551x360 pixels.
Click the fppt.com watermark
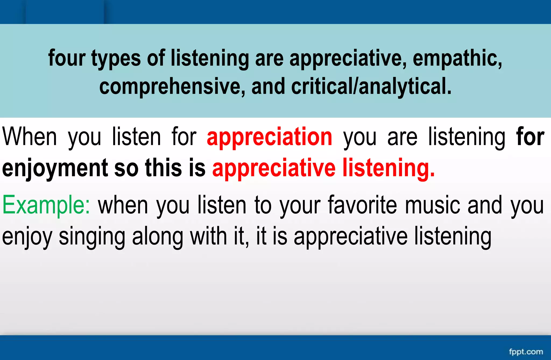tap(526, 352)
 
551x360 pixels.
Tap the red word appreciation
tap(269, 137)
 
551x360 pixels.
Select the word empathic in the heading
tap(457, 58)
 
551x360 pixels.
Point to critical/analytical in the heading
tap(371, 87)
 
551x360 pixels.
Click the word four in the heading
tap(67, 58)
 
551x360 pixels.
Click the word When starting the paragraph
tap(30, 137)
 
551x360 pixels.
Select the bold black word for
tap(530, 137)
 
